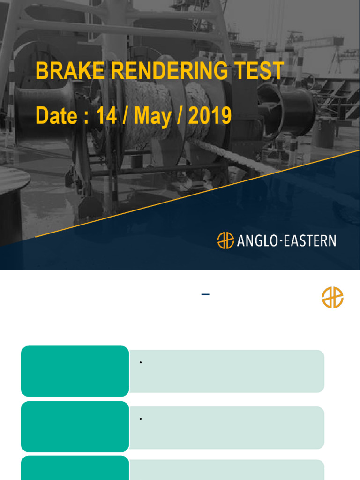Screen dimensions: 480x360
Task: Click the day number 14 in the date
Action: click(106, 115)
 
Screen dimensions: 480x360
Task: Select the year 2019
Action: click(210, 115)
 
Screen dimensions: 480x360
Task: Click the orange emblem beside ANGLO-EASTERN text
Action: click(225, 240)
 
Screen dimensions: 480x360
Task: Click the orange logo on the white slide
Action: click(332, 298)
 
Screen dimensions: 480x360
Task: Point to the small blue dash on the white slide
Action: click(205, 294)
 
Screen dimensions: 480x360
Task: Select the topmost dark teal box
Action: click(75, 371)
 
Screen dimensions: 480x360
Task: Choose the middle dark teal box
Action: click(75, 427)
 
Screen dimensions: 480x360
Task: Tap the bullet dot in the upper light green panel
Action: click(141, 362)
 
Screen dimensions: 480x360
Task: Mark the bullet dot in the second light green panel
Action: click(141, 418)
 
